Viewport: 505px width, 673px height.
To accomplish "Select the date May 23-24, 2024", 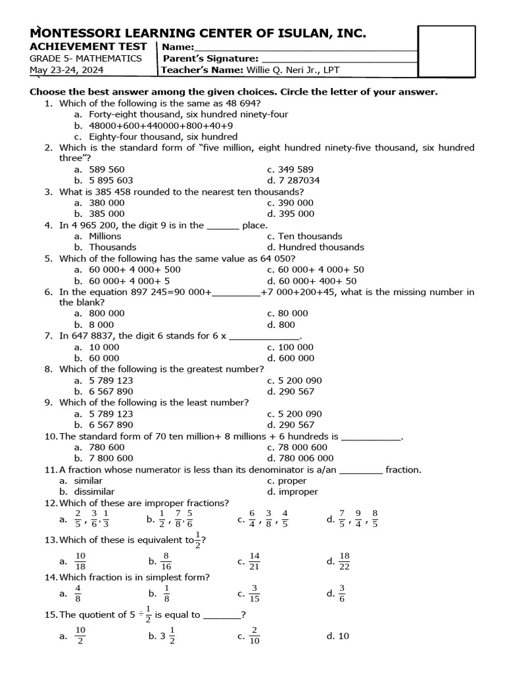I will pos(65,70).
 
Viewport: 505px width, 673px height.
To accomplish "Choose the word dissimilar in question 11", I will pos(93,492).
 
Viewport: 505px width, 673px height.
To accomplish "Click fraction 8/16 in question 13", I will pos(166,561).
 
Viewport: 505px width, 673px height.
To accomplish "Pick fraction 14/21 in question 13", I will pos(255,561).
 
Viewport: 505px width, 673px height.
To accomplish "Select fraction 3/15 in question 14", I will pos(255,593).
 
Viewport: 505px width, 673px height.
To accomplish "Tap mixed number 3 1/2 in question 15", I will pos(165,636).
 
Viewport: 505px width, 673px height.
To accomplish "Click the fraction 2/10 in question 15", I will pos(255,636).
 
